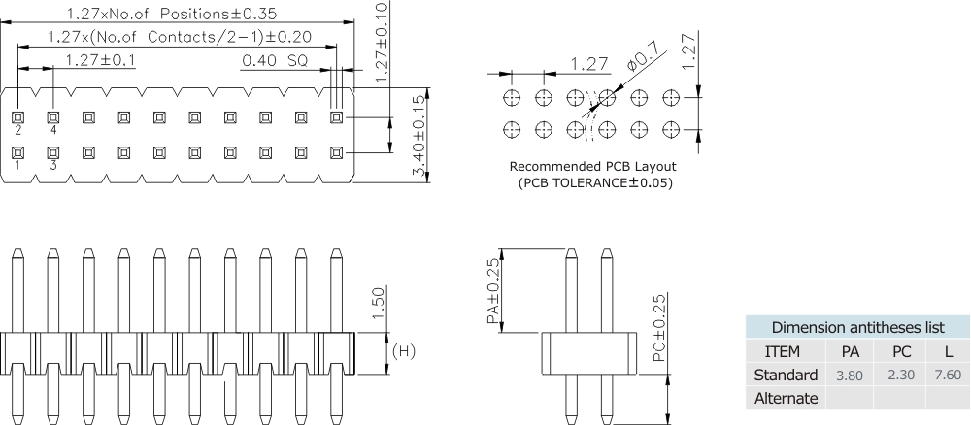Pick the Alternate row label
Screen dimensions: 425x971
coord(786,398)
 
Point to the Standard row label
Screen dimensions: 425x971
coord(786,375)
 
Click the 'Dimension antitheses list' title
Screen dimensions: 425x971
coord(857,327)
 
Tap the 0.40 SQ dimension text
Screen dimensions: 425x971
coord(274,60)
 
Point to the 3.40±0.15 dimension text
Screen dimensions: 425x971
coord(418,136)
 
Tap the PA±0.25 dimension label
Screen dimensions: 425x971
coord(494,291)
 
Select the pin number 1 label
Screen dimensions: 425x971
coord(17,166)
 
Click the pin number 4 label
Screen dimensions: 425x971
coord(53,129)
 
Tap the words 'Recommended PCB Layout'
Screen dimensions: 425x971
coord(592,166)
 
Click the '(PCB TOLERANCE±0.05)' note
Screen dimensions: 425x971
coord(594,182)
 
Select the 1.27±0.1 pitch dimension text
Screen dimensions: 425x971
coord(100,60)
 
